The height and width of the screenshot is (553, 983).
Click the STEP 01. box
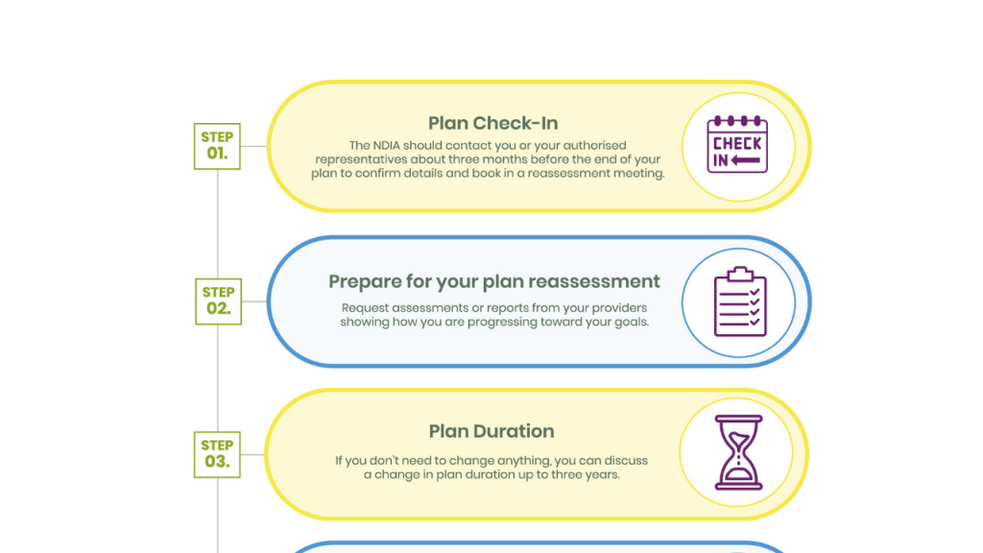coord(217,146)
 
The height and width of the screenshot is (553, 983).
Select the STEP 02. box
coord(218,301)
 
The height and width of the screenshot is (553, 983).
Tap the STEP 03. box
coord(217,454)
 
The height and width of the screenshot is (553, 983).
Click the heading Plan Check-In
coord(492,124)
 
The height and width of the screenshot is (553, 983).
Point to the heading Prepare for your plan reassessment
coord(494,281)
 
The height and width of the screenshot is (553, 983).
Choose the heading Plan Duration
coord(491,431)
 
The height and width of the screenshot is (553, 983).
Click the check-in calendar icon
coord(737,144)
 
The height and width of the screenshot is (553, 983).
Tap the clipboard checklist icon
coord(740,301)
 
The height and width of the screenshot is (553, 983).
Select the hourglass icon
coord(738,452)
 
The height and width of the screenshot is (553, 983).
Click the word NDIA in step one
coord(388,146)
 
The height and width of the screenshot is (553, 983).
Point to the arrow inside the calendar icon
coord(746,160)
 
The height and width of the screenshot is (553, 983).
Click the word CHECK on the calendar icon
coord(737,144)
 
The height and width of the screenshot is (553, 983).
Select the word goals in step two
coord(631,323)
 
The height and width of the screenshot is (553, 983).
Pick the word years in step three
coord(603,474)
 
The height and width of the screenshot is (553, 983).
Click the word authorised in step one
coord(594,146)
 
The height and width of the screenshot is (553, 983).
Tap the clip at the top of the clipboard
coord(740,274)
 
